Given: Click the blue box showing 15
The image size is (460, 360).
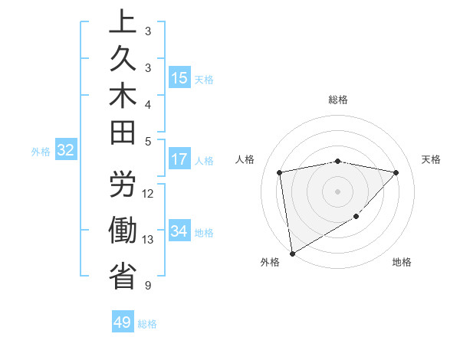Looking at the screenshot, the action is (179, 77).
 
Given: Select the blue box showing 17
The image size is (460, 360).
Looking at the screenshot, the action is (179, 159).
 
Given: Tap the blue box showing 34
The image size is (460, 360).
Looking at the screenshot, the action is (179, 231).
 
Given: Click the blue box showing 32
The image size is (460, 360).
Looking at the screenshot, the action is (65, 151).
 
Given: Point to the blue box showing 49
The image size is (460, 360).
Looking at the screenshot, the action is (123, 322).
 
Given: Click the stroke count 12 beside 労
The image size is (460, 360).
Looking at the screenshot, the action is (148, 194).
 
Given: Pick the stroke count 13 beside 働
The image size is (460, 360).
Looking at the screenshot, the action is (148, 240).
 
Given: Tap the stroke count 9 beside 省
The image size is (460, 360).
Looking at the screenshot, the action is (147, 286).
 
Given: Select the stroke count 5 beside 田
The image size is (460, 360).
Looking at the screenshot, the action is (147, 141).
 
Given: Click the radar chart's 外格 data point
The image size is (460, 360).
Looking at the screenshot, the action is (292, 253).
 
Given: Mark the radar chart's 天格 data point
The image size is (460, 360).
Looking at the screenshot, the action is (396, 172).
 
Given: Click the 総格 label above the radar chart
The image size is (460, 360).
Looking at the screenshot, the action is (338, 100).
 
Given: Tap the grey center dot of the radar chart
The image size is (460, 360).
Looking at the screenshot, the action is (337, 191).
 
